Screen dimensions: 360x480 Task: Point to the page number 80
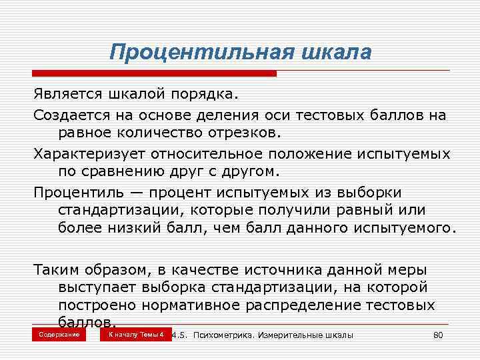[438, 335]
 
